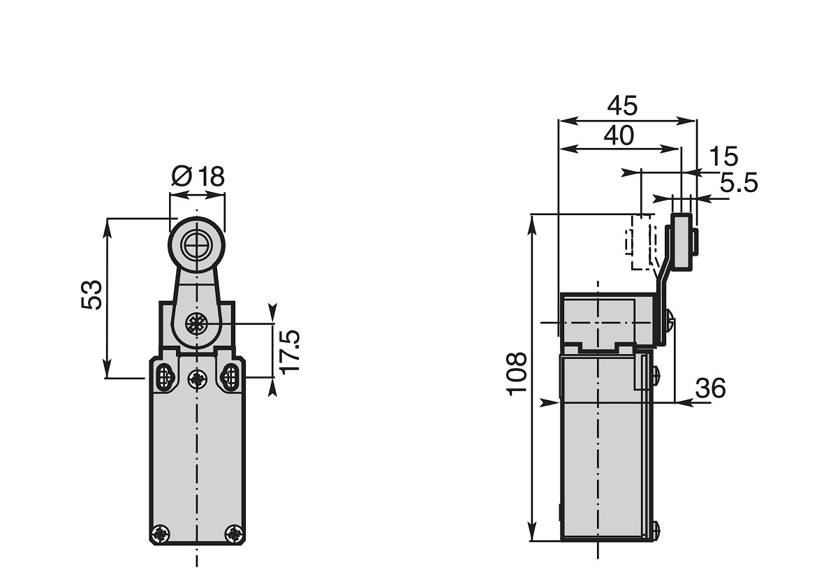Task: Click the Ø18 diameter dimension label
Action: click(198, 176)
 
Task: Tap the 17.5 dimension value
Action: click(290, 352)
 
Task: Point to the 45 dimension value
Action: click(622, 106)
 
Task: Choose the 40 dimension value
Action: click(619, 135)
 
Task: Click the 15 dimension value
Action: click(723, 156)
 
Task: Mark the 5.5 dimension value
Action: click(739, 183)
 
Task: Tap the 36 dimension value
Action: click(711, 388)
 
